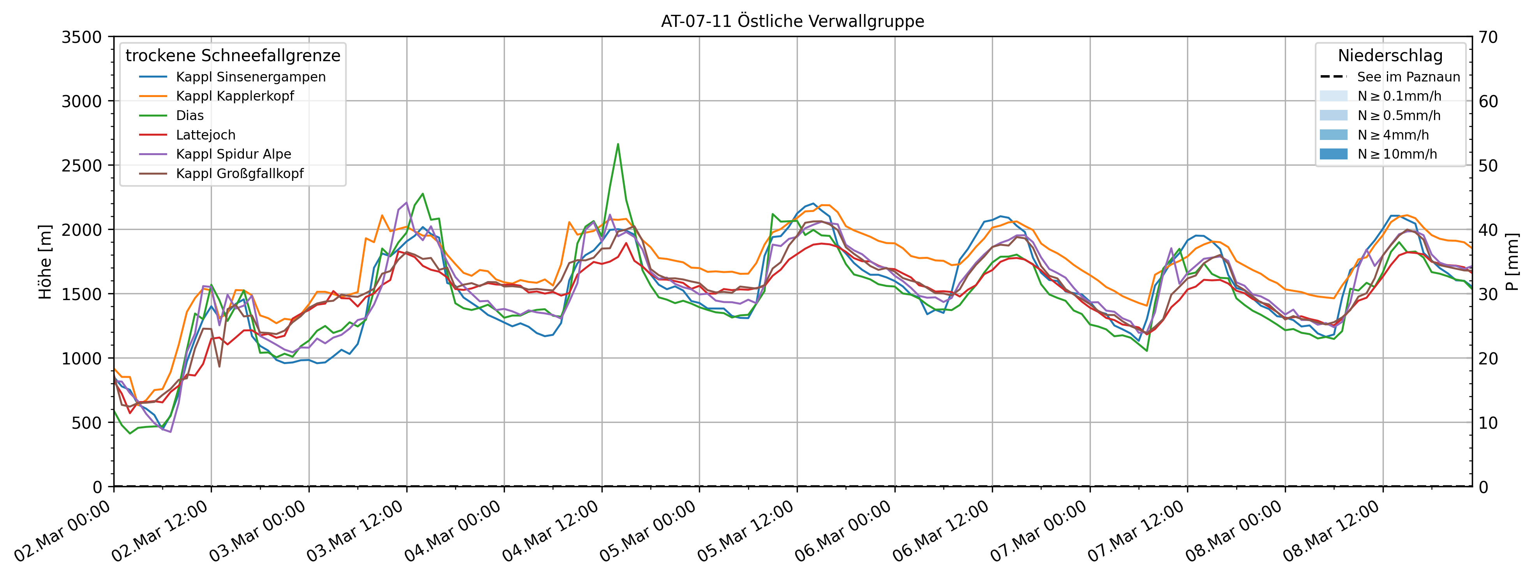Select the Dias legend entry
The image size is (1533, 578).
point(189,115)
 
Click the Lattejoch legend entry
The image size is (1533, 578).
point(205,135)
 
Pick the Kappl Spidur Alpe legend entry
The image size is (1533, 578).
point(233,154)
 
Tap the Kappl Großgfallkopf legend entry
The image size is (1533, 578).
point(239,174)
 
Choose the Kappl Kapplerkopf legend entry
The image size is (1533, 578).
point(235,96)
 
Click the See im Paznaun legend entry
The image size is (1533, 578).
point(1408,77)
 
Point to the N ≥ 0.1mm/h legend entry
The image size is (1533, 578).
point(1399,96)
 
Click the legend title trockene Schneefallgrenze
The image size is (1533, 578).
point(233,56)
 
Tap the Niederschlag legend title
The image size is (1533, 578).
point(1390,56)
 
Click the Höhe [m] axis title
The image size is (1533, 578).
point(45,262)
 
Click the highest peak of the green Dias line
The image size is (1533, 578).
point(618,144)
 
